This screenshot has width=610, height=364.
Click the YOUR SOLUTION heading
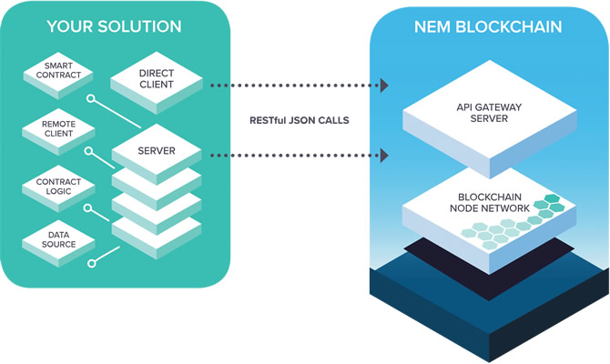pyautogui.click(x=114, y=26)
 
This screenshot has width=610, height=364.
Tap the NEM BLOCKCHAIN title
pyautogui.click(x=488, y=26)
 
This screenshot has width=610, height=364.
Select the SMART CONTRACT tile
pyautogui.click(x=58, y=75)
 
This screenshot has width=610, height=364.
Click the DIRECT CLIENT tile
pyautogui.click(x=157, y=82)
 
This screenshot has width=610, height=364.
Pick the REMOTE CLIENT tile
pyautogui.click(x=58, y=131)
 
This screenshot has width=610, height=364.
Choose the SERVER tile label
pyautogui.click(x=157, y=151)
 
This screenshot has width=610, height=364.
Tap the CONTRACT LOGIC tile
pyautogui.click(x=58, y=188)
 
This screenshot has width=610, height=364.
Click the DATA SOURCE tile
pyautogui.click(x=58, y=243)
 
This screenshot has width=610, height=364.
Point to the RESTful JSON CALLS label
pyautogui.click(x=300, y=120)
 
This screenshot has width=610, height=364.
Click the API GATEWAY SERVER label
pyautogui.click(x=489, y=113)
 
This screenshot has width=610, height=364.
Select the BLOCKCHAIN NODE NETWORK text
pyautogui.click(x=490, y=203)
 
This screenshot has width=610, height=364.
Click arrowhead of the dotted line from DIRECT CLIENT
pyautogui.click(x=384, y=86)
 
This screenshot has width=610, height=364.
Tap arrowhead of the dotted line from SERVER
pyautogui.click(x=384, y=156)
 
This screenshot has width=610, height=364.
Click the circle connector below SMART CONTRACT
pyautogui.click(x=91, y=98)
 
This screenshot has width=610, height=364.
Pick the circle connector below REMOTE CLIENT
pyautogui.click(x=88, y=150)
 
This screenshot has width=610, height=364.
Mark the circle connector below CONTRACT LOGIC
pyautogui.click(x=88, y=208)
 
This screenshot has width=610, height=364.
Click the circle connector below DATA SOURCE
pyautogui.click(x=91, y=264)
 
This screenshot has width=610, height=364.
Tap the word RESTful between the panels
pyautogui.click(x=268, y=120)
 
